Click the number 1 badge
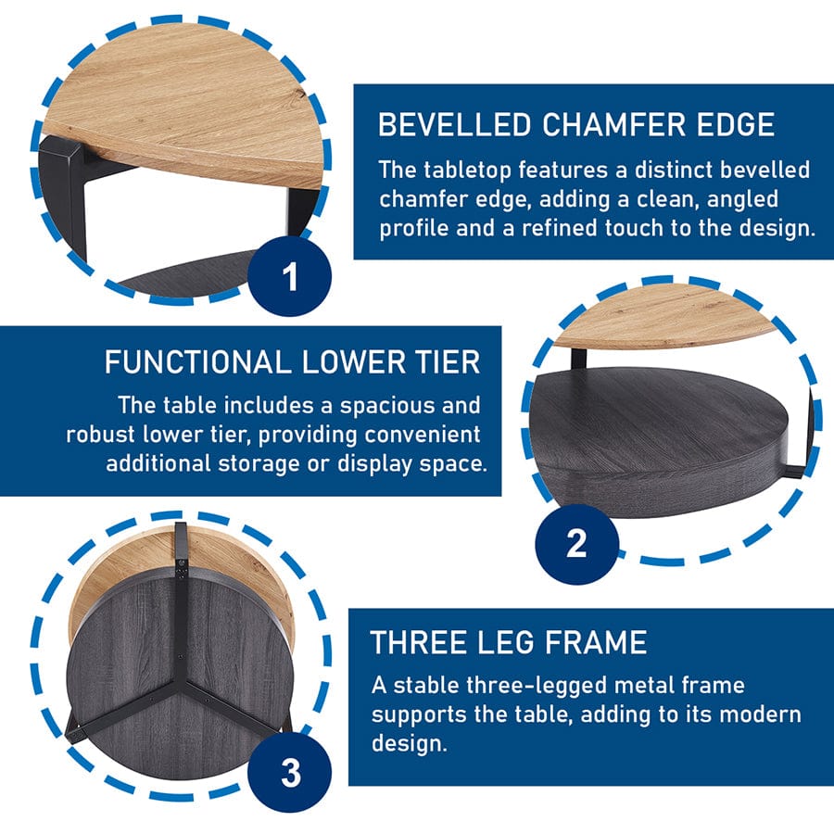[290, 276]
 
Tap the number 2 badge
[575, 542]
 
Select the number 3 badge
[290, 772]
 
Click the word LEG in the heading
[508, 642]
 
